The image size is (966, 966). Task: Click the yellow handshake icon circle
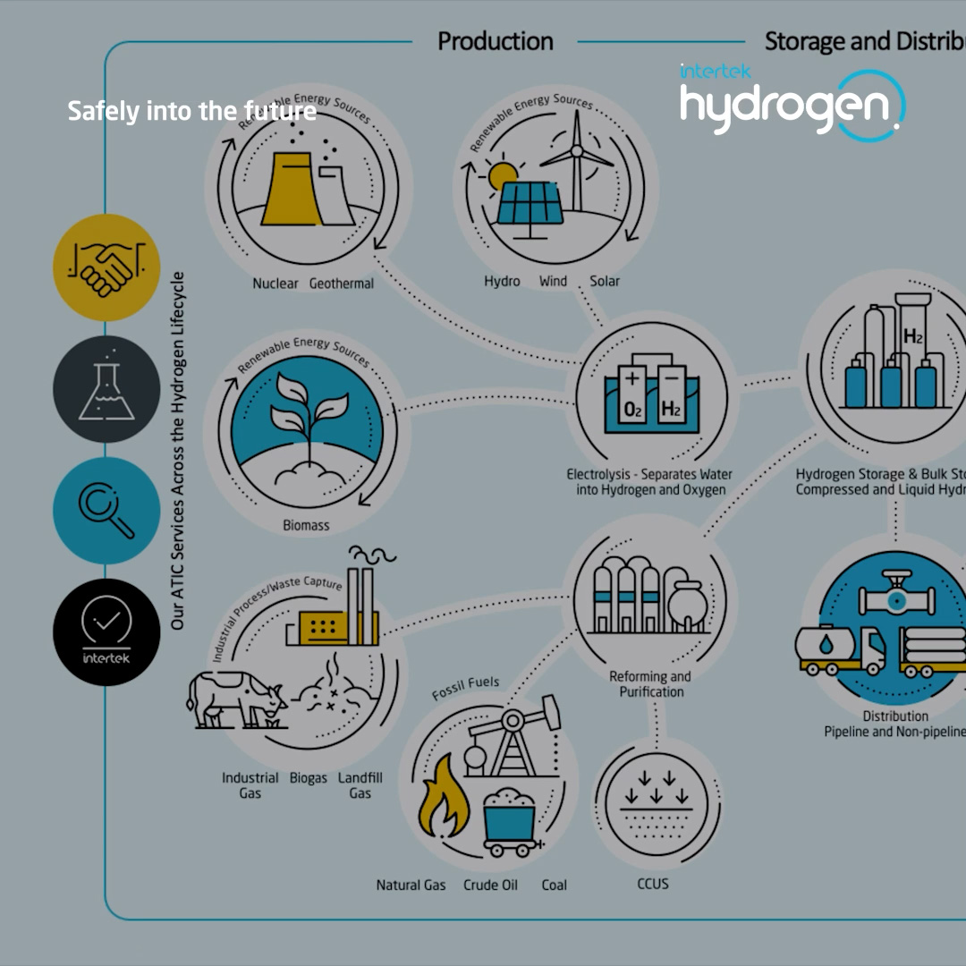pyautogui.click(x=106, y=267)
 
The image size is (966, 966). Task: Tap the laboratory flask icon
pyautogui.click(x=106, y=389)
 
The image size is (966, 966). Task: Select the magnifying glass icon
pyautogui.click(x=106, y=511)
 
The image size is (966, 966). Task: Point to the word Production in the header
pyautogui.click(x=495, y=41)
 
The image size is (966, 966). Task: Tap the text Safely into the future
pyautogui.click(x=191, y=111)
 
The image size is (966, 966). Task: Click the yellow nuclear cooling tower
pyautogui.click(x=292, y=187)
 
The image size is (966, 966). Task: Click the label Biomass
pyautogui.click(x=306, y=525)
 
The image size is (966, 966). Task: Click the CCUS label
pyautogui.click(x=653, y=884)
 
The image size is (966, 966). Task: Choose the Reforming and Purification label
pyautogui.click(x=650, y=684)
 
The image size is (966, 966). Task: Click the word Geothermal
pyautogui.click(x=342, y=284)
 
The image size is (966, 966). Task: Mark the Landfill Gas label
pyautogui.click(x=360, y=785)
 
